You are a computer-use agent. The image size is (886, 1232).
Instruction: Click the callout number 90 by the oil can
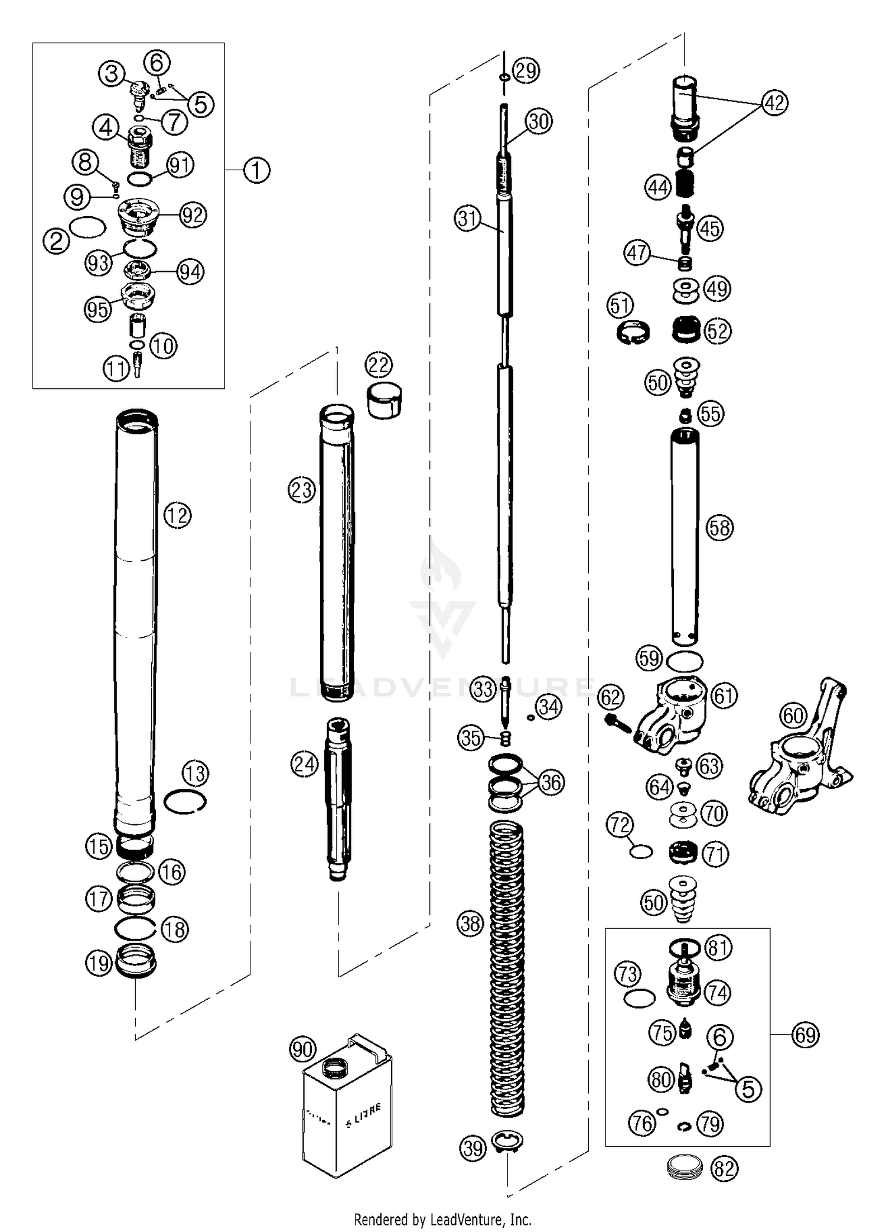pyautogui.click(x=302, y=1049)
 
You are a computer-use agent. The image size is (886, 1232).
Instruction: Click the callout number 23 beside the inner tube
pyautogui.click(x=302, y=489)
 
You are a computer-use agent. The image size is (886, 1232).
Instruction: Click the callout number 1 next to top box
pyautogui.click(x=256, y=170)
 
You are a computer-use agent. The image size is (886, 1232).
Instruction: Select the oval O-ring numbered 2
pyautogui.click(x=88, y=226)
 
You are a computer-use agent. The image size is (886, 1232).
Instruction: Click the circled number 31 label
pyautogui.click(x=468, y=219)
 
